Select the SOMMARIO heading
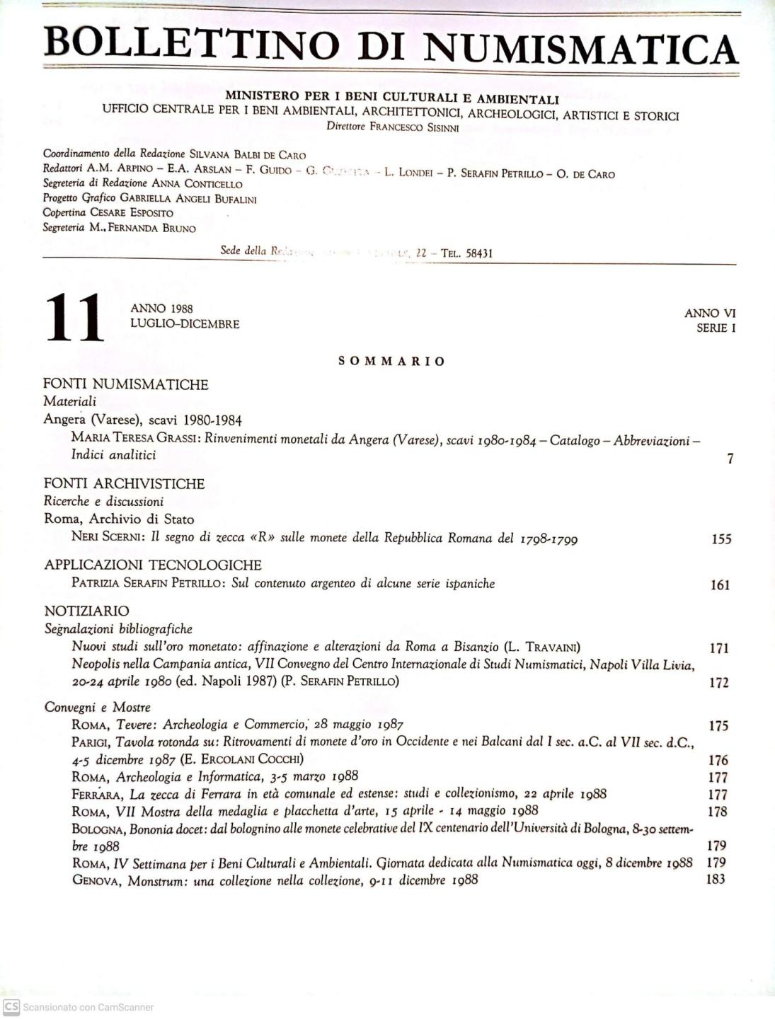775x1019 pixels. [391, 362]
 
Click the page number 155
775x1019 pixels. [721, 539]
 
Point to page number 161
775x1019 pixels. [720, 585]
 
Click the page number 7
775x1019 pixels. [730, 459]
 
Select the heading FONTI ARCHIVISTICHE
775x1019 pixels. [124, 484]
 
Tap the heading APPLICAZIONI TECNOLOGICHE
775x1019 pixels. [153, 565]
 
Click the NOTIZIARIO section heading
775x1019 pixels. [87, 611]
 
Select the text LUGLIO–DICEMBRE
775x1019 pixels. [185, 324]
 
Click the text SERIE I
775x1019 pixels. [716, 328]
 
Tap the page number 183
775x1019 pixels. [716, 880]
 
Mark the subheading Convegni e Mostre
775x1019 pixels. [98, 707]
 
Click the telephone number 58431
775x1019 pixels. [479, 253]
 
